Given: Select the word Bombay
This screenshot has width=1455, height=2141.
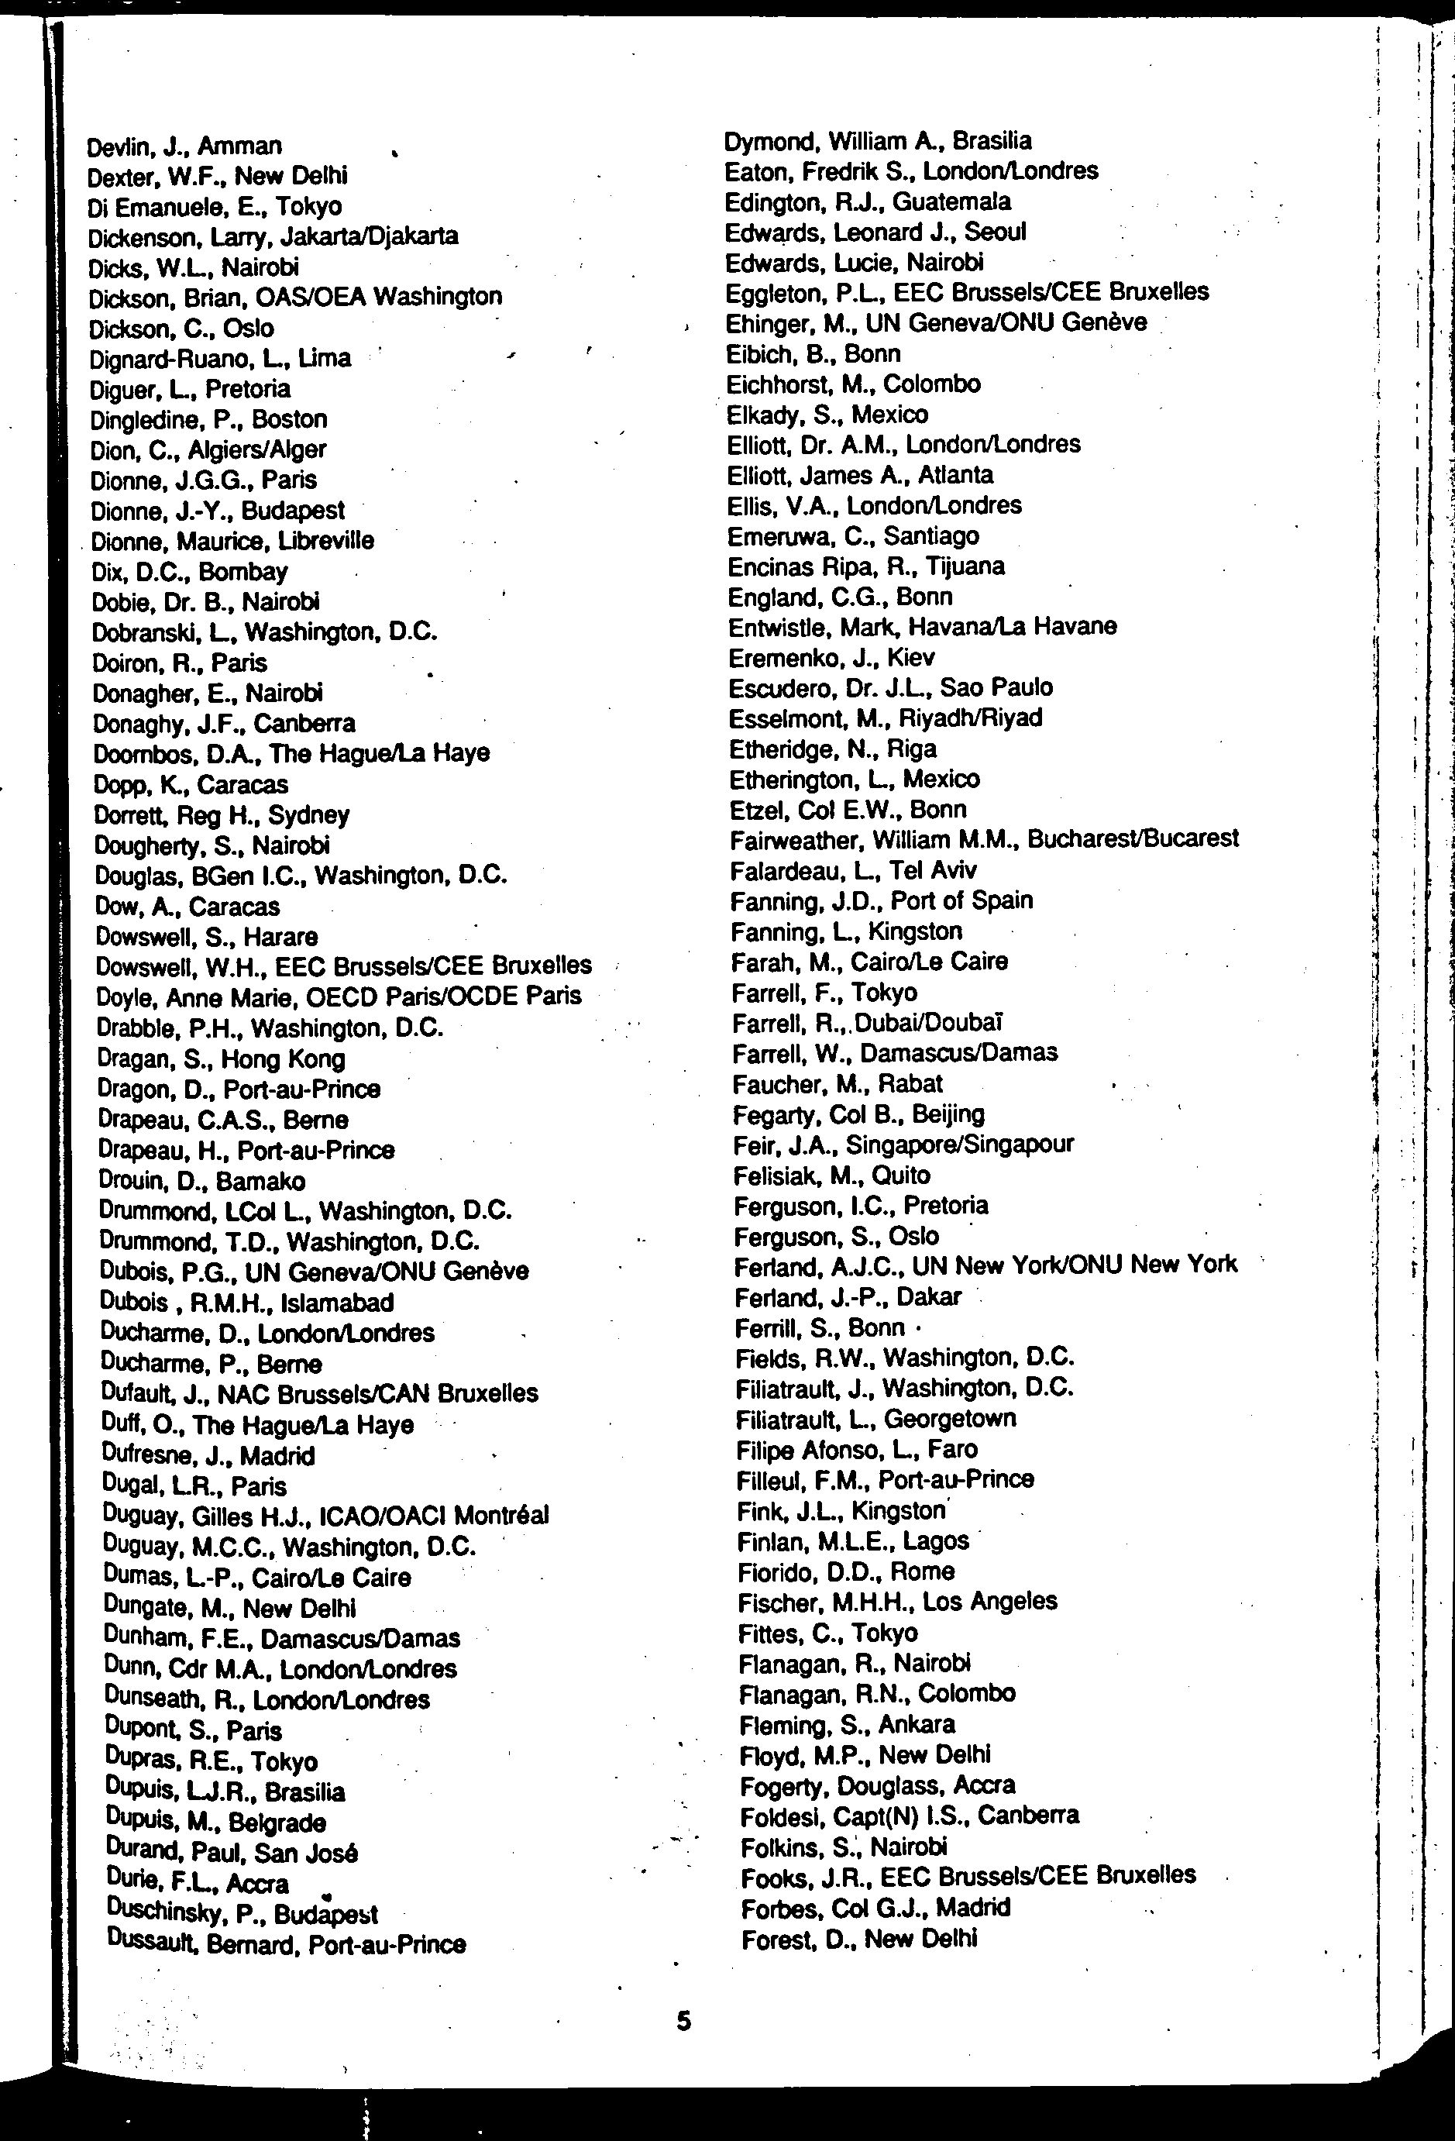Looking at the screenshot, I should point(243,572).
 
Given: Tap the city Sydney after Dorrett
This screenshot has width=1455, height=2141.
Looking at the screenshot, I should point(308,815).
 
